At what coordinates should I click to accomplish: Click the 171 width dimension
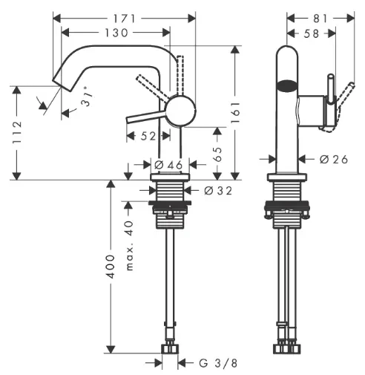(125, 19)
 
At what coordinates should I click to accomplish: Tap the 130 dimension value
(116, 33)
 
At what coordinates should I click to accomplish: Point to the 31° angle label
(88, 97)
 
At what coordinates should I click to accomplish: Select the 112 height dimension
(17, 132)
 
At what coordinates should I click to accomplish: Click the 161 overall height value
(235, 112)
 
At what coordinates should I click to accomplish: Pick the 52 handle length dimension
(148, 136)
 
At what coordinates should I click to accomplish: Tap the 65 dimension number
(218, 154)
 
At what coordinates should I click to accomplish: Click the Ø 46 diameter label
(168, 165)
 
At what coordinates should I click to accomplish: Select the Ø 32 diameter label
(218, 190)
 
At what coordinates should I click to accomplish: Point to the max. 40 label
(129, 246)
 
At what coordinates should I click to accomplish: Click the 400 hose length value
(111, 267)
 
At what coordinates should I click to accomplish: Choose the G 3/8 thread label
(218, 363)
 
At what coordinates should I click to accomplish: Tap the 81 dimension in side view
(320, 19)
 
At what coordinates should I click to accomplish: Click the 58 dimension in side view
(312, 33)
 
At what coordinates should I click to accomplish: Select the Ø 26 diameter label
(334, 159)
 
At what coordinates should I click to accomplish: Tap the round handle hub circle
(181, 110)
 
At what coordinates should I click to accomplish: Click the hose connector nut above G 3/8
(170, 348)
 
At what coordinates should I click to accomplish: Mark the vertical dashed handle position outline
(180, 75)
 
